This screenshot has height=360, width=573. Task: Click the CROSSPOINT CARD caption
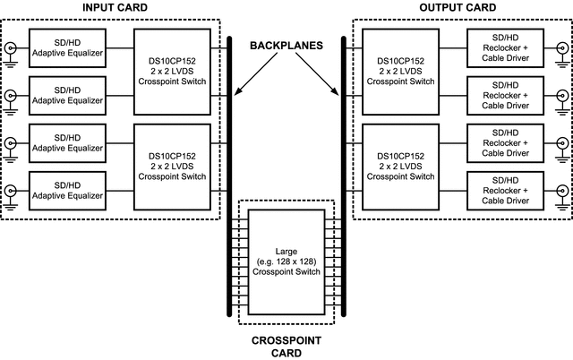click(x=287, y=346)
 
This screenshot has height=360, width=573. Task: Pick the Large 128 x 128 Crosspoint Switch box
click(x=286, y=260)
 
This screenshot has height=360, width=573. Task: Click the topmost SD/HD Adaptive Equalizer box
click(x=67, y=48)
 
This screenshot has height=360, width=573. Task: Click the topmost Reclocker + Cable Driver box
click(x=505, y=48)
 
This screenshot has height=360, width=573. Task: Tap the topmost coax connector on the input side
click(x=11, y=48)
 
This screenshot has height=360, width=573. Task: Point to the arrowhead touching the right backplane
click(x=338, y=96)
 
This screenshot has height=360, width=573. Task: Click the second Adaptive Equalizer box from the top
click(x=67, y=95)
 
